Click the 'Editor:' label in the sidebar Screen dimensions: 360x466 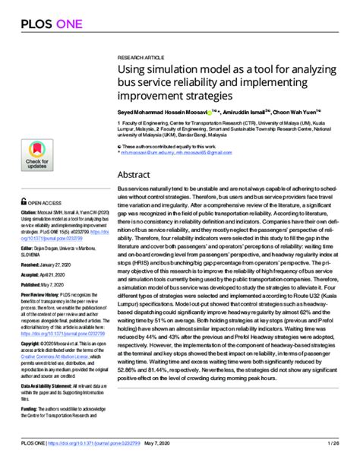[x=27, y=247]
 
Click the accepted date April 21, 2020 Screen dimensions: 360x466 [x=55, y=274]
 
